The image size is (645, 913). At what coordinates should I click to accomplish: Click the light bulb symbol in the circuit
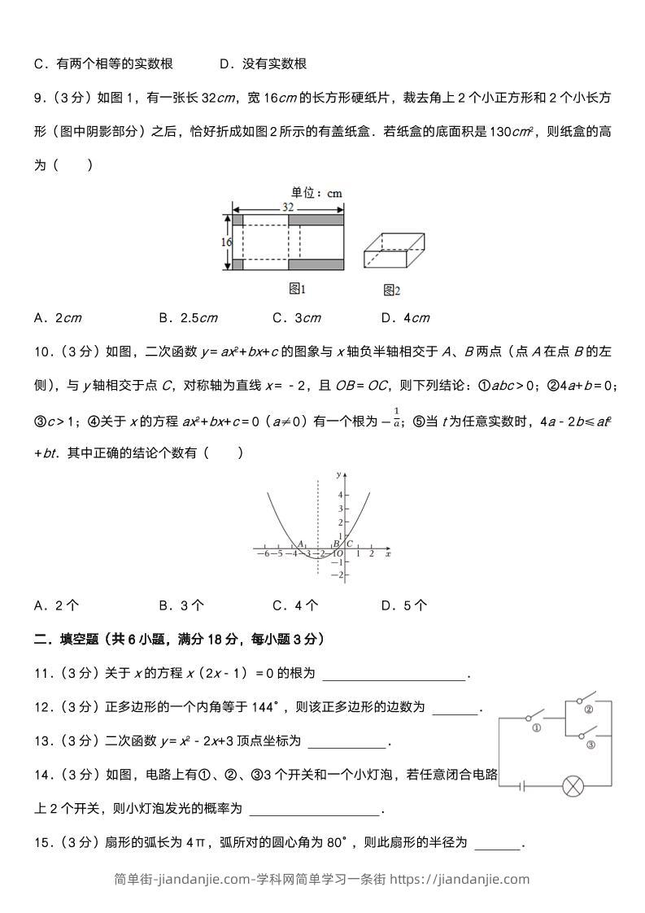(574, 786)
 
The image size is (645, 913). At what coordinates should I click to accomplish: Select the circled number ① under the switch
(536, 728)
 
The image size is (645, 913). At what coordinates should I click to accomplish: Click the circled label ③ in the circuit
(591, 744)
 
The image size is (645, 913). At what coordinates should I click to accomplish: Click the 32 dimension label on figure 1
(288, 207)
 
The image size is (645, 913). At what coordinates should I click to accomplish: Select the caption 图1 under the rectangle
(298, 288)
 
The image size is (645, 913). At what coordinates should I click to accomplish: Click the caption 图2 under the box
(391, 290)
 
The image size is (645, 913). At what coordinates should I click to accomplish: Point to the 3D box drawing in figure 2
(394, 251)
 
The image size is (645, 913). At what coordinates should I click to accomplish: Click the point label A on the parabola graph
(300, 544)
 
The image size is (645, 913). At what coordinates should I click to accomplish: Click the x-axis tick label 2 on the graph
(371, 554)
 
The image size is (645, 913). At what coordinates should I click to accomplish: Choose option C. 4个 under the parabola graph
(295, 605)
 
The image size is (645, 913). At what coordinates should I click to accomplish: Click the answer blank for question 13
(346, 741)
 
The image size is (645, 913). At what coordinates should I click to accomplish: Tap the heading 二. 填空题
(64, 640)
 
